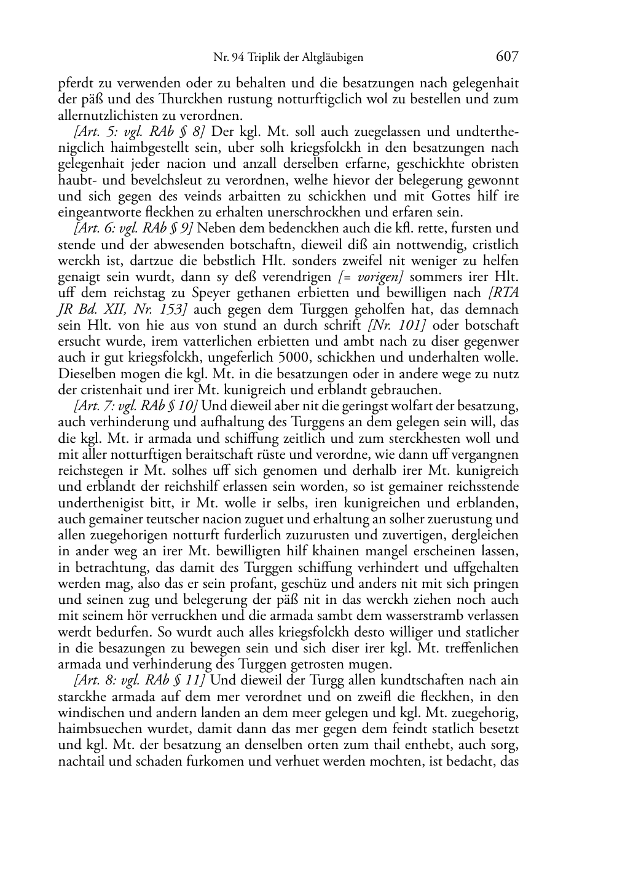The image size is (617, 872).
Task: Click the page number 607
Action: (x=507, y=57)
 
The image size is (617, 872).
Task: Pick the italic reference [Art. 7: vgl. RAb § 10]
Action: (x=136, y=405)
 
